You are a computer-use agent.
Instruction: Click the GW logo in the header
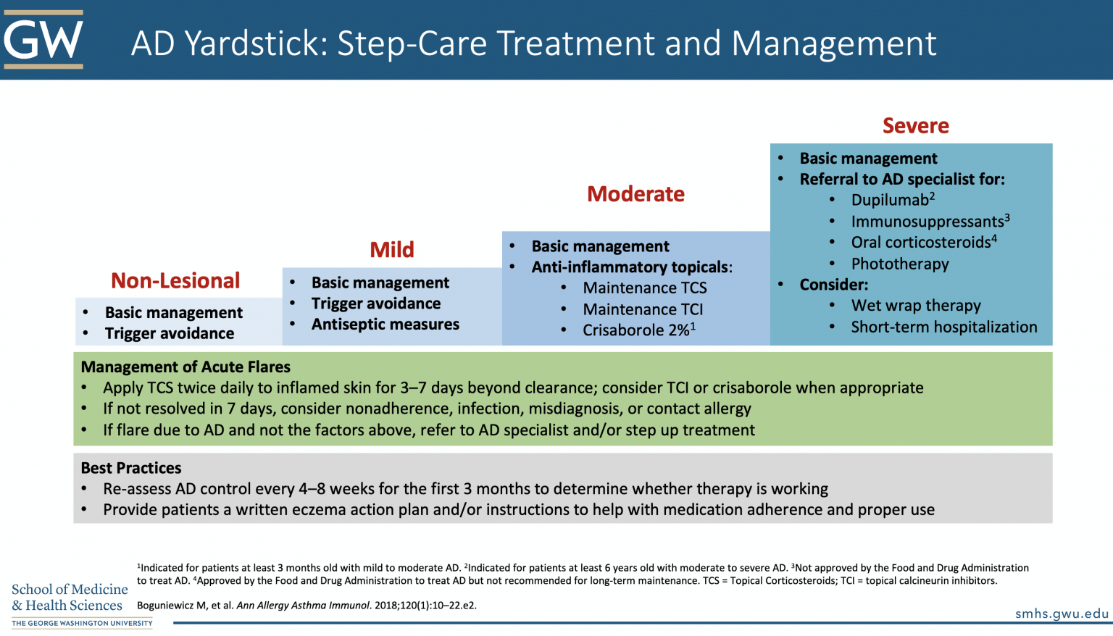[43, 39]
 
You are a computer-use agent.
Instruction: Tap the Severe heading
[915, 126]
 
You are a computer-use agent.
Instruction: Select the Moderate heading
[635, 194]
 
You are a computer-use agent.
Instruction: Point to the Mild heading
[392, 250]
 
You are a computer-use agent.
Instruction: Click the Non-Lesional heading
[175, 281]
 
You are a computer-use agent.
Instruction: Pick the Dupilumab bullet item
[892, 201]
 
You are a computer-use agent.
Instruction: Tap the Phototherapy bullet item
[899, 264]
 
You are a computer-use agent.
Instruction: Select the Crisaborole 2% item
[638, 330]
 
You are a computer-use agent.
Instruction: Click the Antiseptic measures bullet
[385, 325]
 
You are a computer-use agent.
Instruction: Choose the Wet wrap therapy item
[915, 306]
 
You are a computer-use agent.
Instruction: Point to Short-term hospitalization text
[943, 327]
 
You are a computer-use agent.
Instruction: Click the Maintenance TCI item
[643, 309]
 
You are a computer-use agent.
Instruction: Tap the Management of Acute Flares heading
[185, 367]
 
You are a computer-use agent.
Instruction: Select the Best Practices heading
[131, 468]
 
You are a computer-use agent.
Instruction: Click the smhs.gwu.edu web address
[1062, 614]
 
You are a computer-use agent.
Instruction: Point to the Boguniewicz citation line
[307, 606]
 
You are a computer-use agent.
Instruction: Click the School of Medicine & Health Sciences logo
[70, 603]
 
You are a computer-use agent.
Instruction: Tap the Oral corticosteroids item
[923, 243]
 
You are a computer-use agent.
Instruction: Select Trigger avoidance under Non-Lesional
[169, 334]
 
